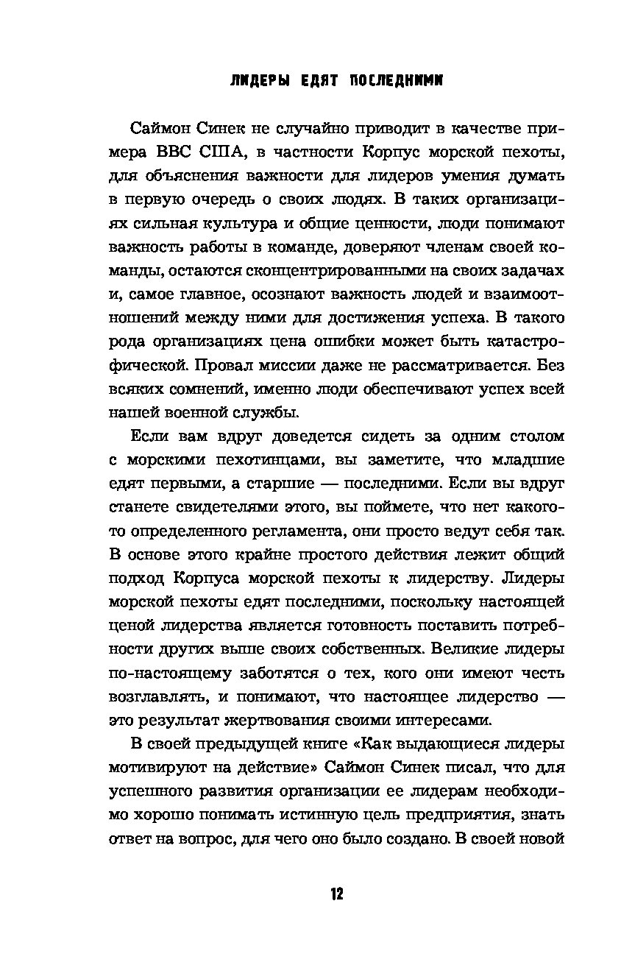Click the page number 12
click(337, 894)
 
